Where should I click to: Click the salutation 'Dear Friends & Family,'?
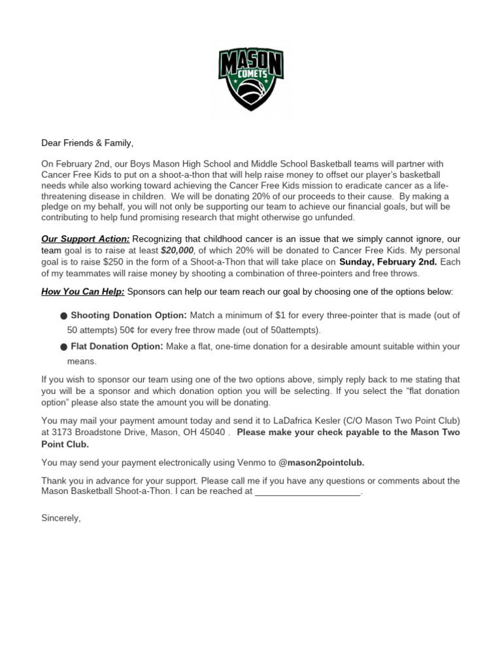tap(87, 143)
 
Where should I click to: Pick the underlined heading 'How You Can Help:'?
tap(82, 291)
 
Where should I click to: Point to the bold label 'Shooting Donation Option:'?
tap(129, 316)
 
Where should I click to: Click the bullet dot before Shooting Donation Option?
tap(63, 316)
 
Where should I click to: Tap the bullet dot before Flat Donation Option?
tap(63, 347)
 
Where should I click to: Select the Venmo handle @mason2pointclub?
tap(322, 463)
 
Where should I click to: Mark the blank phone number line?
tap(307, 493)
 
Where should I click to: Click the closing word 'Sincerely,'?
tap(61, 518)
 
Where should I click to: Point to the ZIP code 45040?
tap(213, 432)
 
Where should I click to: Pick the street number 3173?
tap(65, 432)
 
